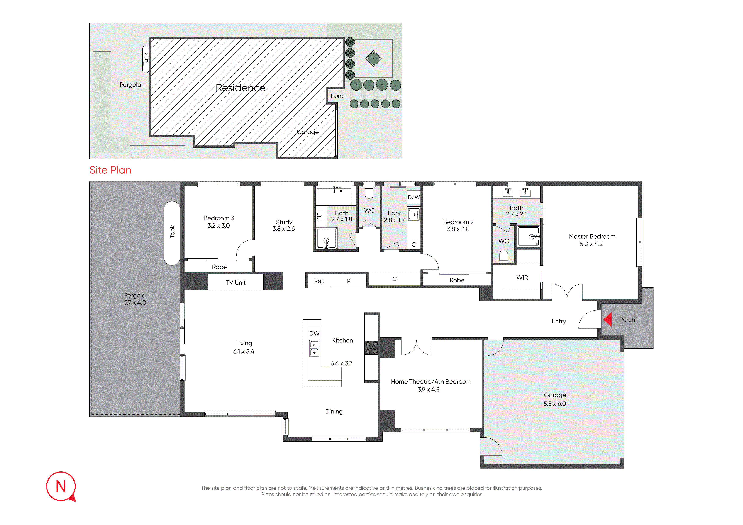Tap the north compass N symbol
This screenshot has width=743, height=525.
(x=61, y=486)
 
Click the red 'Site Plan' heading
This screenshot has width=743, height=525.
(x=110, y=170)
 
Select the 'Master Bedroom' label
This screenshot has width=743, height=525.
(x=592, y=236)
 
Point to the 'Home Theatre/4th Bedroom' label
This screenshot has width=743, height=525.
(x=431, y=382)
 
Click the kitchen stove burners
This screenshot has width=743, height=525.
(x=371, y=348)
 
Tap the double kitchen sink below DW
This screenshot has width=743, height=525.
(x=314, y=349)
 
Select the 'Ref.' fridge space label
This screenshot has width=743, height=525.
(x=319, y=281)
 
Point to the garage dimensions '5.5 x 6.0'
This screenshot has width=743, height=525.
(x=555, y=404)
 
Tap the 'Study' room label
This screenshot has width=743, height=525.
(x=284, y=222)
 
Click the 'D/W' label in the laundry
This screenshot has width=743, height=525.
(x=414, y=197)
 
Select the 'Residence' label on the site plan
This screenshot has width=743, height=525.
(x=240, y=88)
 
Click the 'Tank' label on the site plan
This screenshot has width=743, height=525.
(x=146, y=59)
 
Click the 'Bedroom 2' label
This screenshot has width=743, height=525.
(x=458, y=222)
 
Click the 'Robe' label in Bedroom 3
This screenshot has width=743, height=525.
(x=219, y=267)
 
